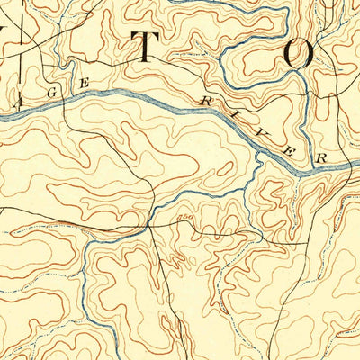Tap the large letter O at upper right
[x=298, y=55]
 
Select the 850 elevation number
[x=187, y=216]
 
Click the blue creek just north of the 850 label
[x=189, y=203]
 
